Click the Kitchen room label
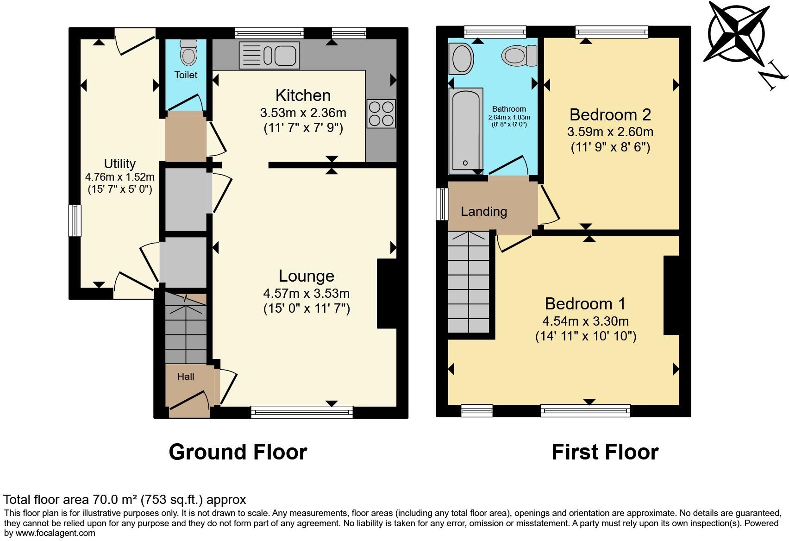point(303,95)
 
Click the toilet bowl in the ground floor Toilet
point(188,54)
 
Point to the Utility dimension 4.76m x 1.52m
point(119,177)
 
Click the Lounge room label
point(306,276)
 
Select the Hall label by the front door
point(185,377)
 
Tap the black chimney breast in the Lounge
point(387,294)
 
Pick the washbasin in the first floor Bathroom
point(462,59)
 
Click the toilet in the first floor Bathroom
point(519,56)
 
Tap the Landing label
point(483,212)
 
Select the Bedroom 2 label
point(610,114)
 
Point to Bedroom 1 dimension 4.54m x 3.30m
point(585,321)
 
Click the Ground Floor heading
point(238,452)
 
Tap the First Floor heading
point(605,452)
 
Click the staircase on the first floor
point(469,283)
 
